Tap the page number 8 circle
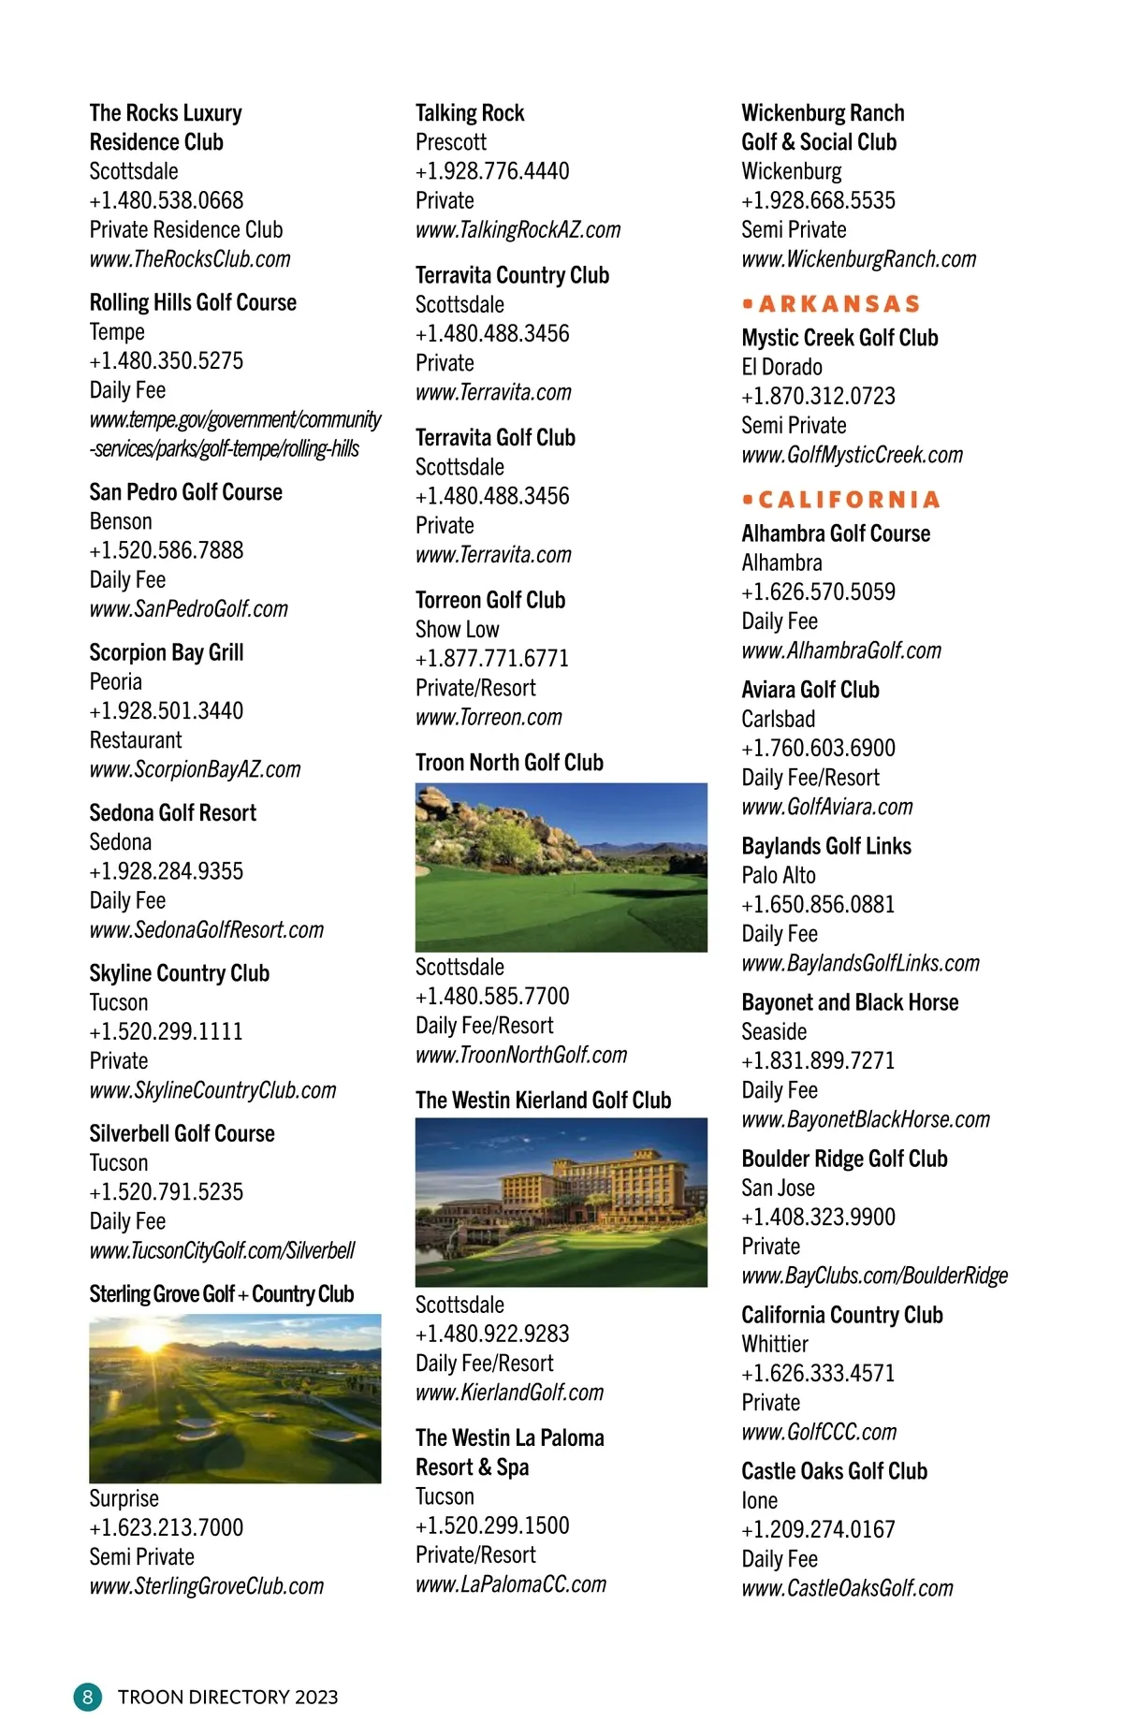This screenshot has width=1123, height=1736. point(87,1697)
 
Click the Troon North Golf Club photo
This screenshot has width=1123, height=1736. point(561,868)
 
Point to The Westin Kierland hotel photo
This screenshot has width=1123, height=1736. point(561,1202)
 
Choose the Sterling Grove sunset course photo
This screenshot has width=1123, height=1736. point(235,1398)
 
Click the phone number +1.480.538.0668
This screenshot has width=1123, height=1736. point(167,200)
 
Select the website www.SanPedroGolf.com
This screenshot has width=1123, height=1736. point(189,609)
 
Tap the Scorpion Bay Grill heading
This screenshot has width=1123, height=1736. point(167,652)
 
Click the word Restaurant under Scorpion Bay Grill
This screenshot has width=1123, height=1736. point(136,740)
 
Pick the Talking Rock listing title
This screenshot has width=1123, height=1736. point(470,113)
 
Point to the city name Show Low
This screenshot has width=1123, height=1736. point(457,629)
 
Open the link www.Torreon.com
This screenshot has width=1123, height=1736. point(489,718)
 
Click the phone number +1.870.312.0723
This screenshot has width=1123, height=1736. point(818,396)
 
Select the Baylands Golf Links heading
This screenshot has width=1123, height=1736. point(826,846)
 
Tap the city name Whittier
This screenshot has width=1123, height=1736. point(775,1344)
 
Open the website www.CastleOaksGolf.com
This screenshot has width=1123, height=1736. point(847,1588)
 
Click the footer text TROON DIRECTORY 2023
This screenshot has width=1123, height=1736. point(227,1697)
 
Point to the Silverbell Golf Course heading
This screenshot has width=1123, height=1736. point(182,1133)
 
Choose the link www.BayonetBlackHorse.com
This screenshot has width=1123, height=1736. point(866,1119)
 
